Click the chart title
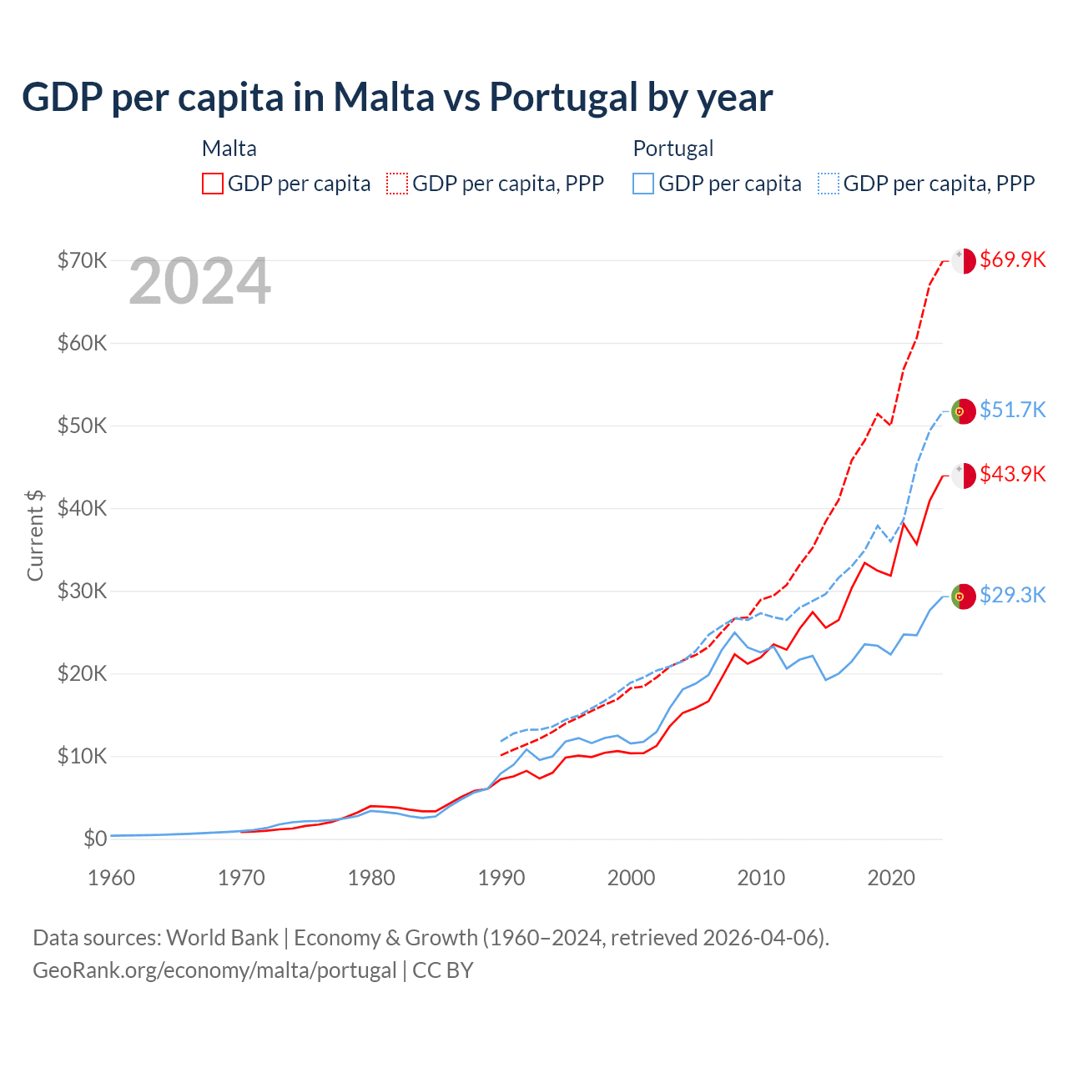[397, 98]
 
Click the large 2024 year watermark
[200, 281]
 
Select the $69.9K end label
[1012, 259]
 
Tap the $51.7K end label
[1012, 410]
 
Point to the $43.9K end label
[1012, 474]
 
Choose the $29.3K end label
[1012, 595]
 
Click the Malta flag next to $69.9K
[964, 260]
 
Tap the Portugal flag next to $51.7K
[964, 411]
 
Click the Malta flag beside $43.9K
[964, 475]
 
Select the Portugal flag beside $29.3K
[964, 597]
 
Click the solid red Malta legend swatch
[213, 184]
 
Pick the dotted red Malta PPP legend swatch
[397, 184]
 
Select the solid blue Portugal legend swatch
[643, 184]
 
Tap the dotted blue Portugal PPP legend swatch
[829, 184]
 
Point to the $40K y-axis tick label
[82, 508]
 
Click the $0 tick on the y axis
[95, 839]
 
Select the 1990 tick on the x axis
[501, 878]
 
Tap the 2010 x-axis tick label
[761, 878]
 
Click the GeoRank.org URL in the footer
[214, 970]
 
